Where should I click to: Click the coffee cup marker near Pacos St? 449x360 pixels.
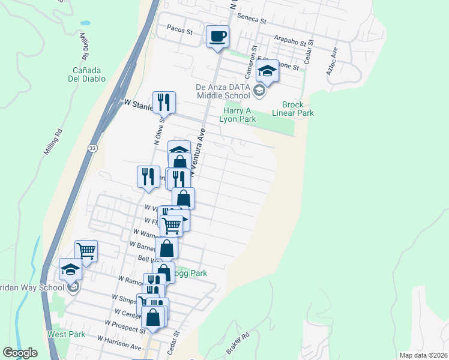(218, 37)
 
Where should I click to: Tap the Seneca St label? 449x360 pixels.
(252, 19)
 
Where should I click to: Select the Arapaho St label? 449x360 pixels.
(291, 40)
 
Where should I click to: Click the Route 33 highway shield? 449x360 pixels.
(91, 149)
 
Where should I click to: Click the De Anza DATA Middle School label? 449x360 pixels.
(223, 91)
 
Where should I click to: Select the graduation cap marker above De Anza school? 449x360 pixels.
(267, 72)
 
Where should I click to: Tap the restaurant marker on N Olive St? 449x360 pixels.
(163, 103)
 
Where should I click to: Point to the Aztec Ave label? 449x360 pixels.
(332, 61)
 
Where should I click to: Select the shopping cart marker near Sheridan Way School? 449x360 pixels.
(86, 251)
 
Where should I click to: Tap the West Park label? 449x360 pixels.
(62, 334)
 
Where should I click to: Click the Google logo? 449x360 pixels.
(20, 353)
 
